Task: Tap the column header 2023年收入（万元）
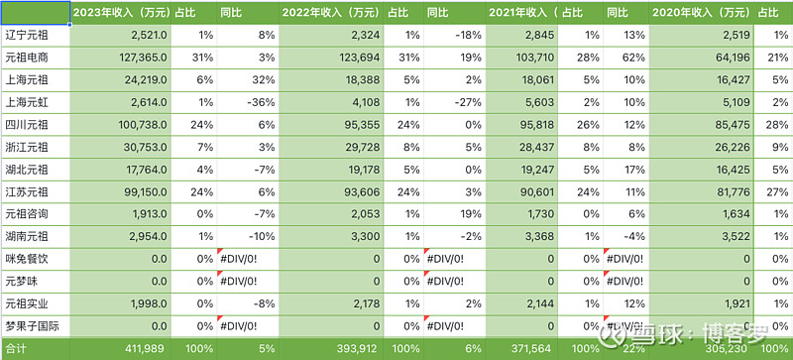click(118, 12)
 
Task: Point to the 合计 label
click(16, 349)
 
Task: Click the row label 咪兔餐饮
click(25, 259)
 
